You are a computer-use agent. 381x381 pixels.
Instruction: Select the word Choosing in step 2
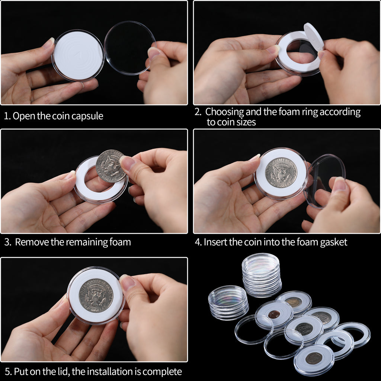(224, 112)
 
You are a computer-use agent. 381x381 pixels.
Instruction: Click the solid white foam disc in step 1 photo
(78, 56)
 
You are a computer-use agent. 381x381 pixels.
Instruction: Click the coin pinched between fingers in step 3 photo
(110, 166)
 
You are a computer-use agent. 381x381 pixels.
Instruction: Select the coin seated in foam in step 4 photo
(281, 173)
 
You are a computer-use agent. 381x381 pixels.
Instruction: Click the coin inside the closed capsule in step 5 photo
(96, 295)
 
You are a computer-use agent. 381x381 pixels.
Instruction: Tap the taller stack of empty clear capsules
(262, 275)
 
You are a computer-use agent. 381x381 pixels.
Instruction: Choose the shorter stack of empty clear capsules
(228, 302)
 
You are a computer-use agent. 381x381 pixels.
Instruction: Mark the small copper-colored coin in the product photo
(274, 314)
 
